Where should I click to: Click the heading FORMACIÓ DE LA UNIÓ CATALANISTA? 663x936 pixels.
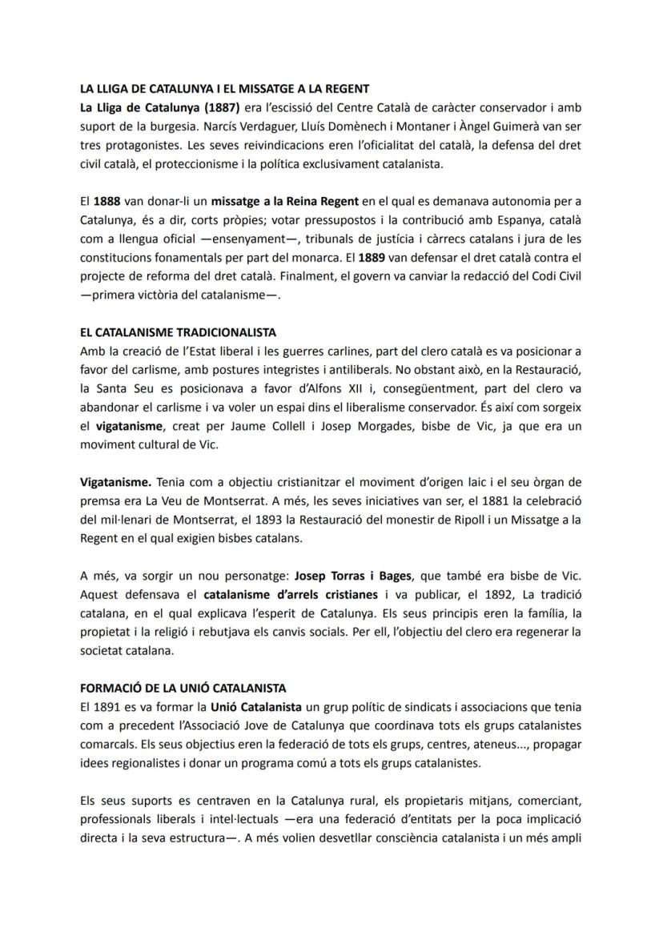point(183,688)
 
